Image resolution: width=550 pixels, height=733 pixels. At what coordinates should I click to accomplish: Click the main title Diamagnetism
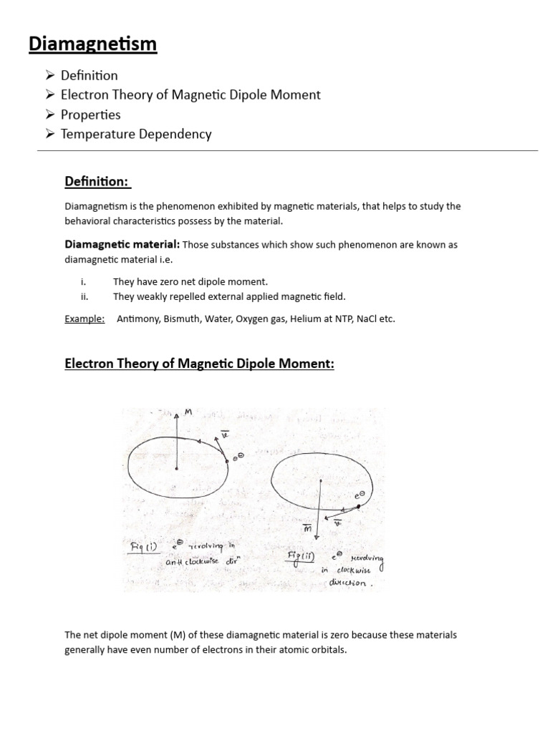pyautogui.click(x=92, y=44)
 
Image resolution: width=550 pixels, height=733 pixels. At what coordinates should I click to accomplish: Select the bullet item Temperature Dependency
pyautogui.click(x=136, y=134)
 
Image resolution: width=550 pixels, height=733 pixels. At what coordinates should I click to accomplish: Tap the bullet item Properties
pyautogui.click(x=90, y=115)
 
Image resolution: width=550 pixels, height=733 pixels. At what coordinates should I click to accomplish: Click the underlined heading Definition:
pyautogui.click(x=98, y=182)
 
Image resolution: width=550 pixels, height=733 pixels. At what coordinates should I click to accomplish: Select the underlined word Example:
pyautogui.click(x=85, y=319)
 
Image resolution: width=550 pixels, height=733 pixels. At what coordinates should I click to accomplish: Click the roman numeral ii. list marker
pyautogui.click(x=85, y=296)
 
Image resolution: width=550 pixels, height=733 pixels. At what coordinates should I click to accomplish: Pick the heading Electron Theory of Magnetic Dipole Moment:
pyautogui.click(x=199, y=364)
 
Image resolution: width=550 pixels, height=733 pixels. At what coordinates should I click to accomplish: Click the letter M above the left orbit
pyautogui.click(x=188, y=412)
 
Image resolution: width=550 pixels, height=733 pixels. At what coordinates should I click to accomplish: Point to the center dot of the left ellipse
pyautogui.click(x=176, y=469)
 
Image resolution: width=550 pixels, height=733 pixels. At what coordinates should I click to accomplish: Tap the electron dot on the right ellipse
pyautogui.click(x=359, y=506)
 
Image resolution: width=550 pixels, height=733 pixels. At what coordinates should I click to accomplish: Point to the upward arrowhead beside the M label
pyautogui.click(x=176, y=414)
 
